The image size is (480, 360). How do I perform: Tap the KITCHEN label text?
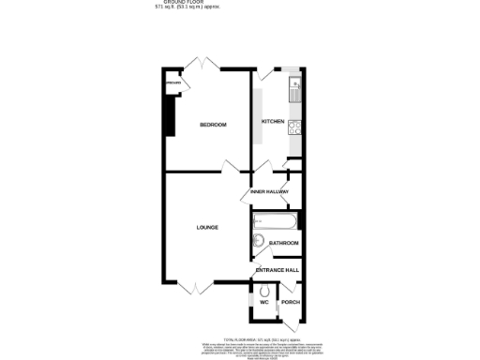coord(273,122)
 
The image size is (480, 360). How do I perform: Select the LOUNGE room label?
coord(207,227)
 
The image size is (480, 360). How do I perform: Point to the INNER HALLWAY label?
coord(269,192)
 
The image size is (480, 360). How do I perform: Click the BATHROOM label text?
coord(283,244)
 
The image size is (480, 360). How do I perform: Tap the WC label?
coord(264,302)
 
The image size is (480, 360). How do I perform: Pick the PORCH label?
coord(291,302)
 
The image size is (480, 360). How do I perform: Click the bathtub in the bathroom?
coord(275,222)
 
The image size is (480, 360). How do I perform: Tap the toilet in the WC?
coord(263,289)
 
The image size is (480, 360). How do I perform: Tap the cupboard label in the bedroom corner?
coord(173,84)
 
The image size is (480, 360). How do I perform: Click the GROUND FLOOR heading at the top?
coord(185,3)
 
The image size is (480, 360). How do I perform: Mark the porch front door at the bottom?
coord(292,323)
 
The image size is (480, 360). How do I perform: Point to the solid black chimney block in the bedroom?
coord(169,116)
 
